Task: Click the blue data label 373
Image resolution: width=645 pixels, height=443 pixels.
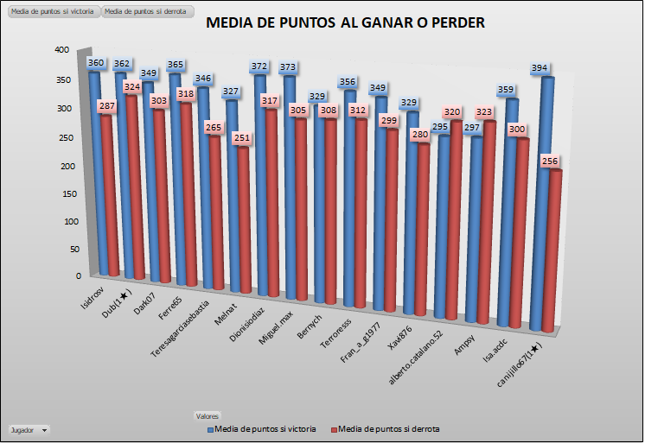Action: point(289,67)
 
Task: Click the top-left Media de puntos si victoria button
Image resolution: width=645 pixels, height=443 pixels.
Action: point(52,11)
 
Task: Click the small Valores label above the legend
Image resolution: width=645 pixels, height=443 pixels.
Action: point(208,416)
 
